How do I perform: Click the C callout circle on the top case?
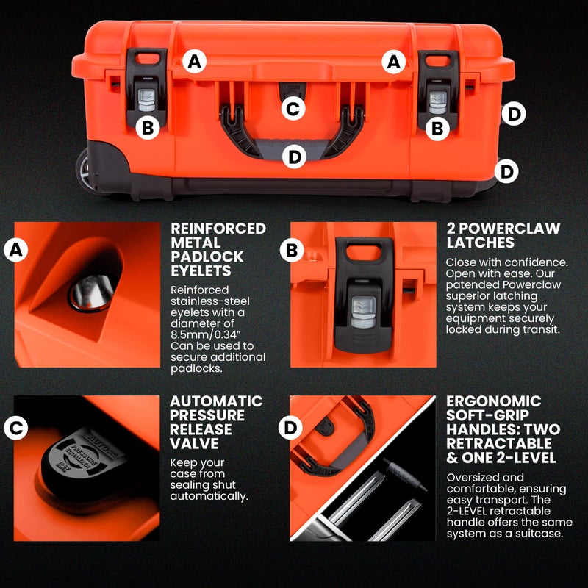tap(293, 110)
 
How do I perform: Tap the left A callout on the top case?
tap(193, 62)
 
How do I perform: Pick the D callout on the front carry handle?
tap(294, 156)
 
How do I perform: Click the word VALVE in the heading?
tap(193, 444)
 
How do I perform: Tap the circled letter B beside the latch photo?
tap(292, 251)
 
